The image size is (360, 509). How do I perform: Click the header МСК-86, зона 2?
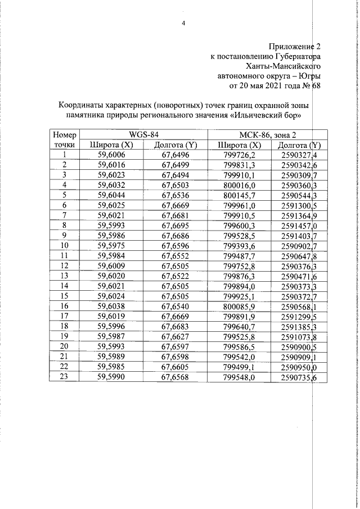pyautogui.click(x=267, y=135)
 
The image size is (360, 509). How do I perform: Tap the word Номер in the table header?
pyautogui.click(x=65, y=135)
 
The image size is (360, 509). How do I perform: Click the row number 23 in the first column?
pyautogui.click(x=65, y=376)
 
